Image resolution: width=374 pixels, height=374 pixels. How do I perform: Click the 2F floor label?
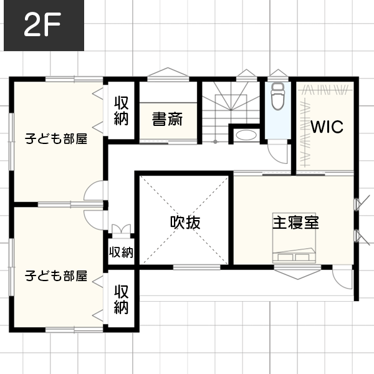click(x=42, y=24)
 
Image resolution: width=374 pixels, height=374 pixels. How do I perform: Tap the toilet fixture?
click(x=277, y=97)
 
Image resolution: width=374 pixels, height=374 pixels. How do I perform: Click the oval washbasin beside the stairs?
click(x=246, y=135)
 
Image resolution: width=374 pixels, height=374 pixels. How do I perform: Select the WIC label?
click(x=327, y=127)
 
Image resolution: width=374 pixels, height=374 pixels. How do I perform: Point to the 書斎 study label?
click(x=168, y=119)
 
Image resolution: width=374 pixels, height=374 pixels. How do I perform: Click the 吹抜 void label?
click(x=185, y=223)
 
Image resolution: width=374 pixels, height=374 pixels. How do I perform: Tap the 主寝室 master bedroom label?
click(x=295, y=222)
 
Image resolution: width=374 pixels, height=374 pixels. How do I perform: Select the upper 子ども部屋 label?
click(x=56, y=139)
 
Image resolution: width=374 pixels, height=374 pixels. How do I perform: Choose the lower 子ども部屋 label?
click(x=56, y=276)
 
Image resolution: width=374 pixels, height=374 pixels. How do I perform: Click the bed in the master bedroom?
click(x=294, y=238)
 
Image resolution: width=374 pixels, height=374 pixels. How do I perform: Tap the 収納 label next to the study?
click(x=122, y=111)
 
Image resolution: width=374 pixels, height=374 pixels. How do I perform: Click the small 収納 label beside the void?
click(x=121, y=252)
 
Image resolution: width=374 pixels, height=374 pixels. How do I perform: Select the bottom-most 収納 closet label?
click(x=122, y=299)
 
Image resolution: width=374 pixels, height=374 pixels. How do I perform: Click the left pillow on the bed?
click(x=285, y=257)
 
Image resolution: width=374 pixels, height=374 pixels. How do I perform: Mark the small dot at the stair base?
click(x=216, y=141)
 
